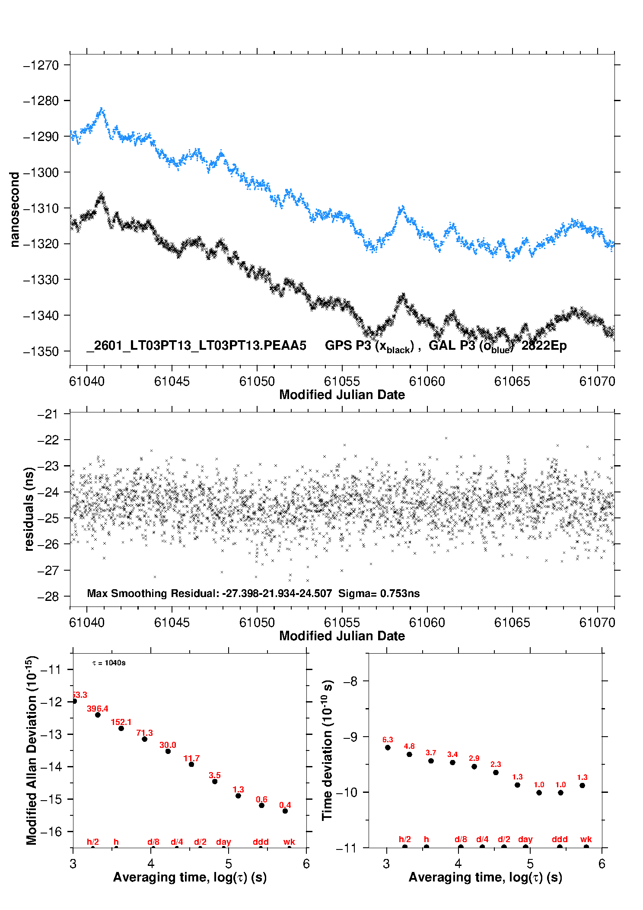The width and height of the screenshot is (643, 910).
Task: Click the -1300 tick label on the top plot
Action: click(41, 172)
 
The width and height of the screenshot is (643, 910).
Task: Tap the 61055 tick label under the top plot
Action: click(342, 381)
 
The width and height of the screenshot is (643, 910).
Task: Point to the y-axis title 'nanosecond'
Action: click(15, 209)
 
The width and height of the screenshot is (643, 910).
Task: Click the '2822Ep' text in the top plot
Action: click(544, 345)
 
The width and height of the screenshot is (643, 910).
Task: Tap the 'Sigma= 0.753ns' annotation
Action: click(379, 593)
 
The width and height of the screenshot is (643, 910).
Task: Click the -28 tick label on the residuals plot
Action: click(48, 597)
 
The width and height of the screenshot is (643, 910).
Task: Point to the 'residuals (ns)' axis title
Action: click(29, 509)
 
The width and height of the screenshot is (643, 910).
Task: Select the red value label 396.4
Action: click(98, 709)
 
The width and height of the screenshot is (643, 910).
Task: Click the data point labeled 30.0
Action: click(168, 751)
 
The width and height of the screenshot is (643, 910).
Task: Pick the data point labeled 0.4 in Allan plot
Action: click(285, 811)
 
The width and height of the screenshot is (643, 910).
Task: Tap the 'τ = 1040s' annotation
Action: click(109, 663)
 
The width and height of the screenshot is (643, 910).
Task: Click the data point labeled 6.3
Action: click(388, 747)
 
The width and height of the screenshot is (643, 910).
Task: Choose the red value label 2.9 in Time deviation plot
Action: click(474, 758)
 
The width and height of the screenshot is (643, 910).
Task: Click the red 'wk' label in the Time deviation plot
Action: click(586, 839)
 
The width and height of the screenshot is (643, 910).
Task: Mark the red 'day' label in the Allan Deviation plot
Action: click(223, 842)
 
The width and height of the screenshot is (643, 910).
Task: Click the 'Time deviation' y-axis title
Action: click(328, 750)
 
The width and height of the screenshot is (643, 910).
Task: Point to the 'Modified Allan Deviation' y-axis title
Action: click(32, 750)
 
